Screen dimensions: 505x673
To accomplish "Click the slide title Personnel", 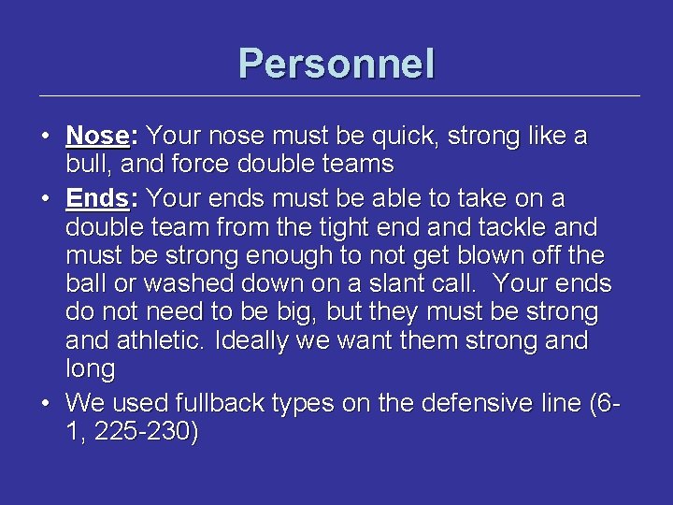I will pyautogui.click(x=336, y=65).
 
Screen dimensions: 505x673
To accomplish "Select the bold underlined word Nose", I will pyautogui.click(x=97, y=137).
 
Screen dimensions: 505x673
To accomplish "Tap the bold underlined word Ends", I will pyautogui.click(x=97, y=199).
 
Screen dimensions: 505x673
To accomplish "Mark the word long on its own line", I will pyautogui.click(x=90, y=369).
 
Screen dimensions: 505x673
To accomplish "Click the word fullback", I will pyautogui.click(x=223, y=403).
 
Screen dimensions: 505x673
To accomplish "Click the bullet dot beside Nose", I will pyautogui.click(x=46, y=137).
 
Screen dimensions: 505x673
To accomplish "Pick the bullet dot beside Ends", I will pyautogui.click(x=46, y=199).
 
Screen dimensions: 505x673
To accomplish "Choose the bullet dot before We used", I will pyautogui.click(x=46, y=403).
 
